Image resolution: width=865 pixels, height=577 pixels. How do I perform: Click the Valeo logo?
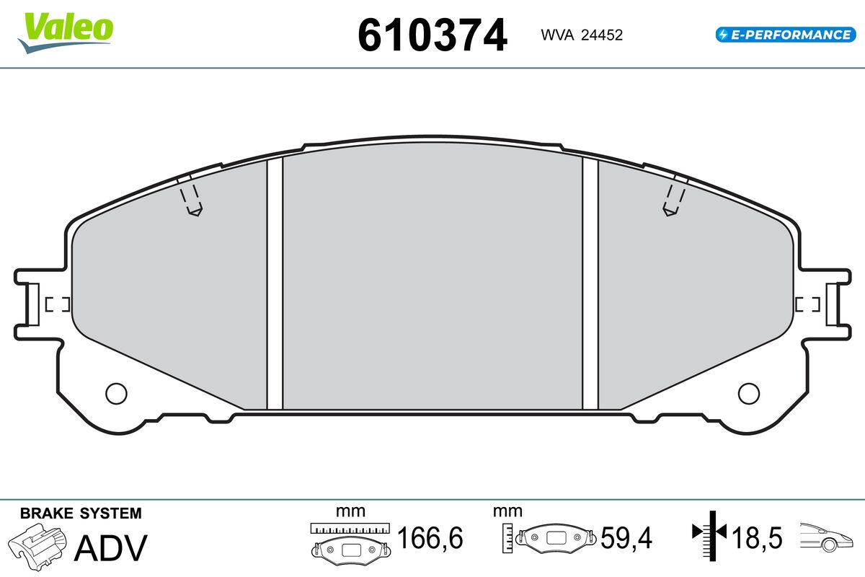66,32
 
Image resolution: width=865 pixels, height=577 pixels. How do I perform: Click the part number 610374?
432,35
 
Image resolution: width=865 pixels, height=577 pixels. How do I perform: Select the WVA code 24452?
602,35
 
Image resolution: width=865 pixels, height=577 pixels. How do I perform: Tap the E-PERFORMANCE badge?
786,35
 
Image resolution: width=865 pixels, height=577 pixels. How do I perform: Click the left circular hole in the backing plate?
116,394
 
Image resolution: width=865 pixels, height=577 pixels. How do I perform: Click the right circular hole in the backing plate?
749,394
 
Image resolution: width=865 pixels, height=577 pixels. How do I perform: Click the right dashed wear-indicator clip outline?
674,199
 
